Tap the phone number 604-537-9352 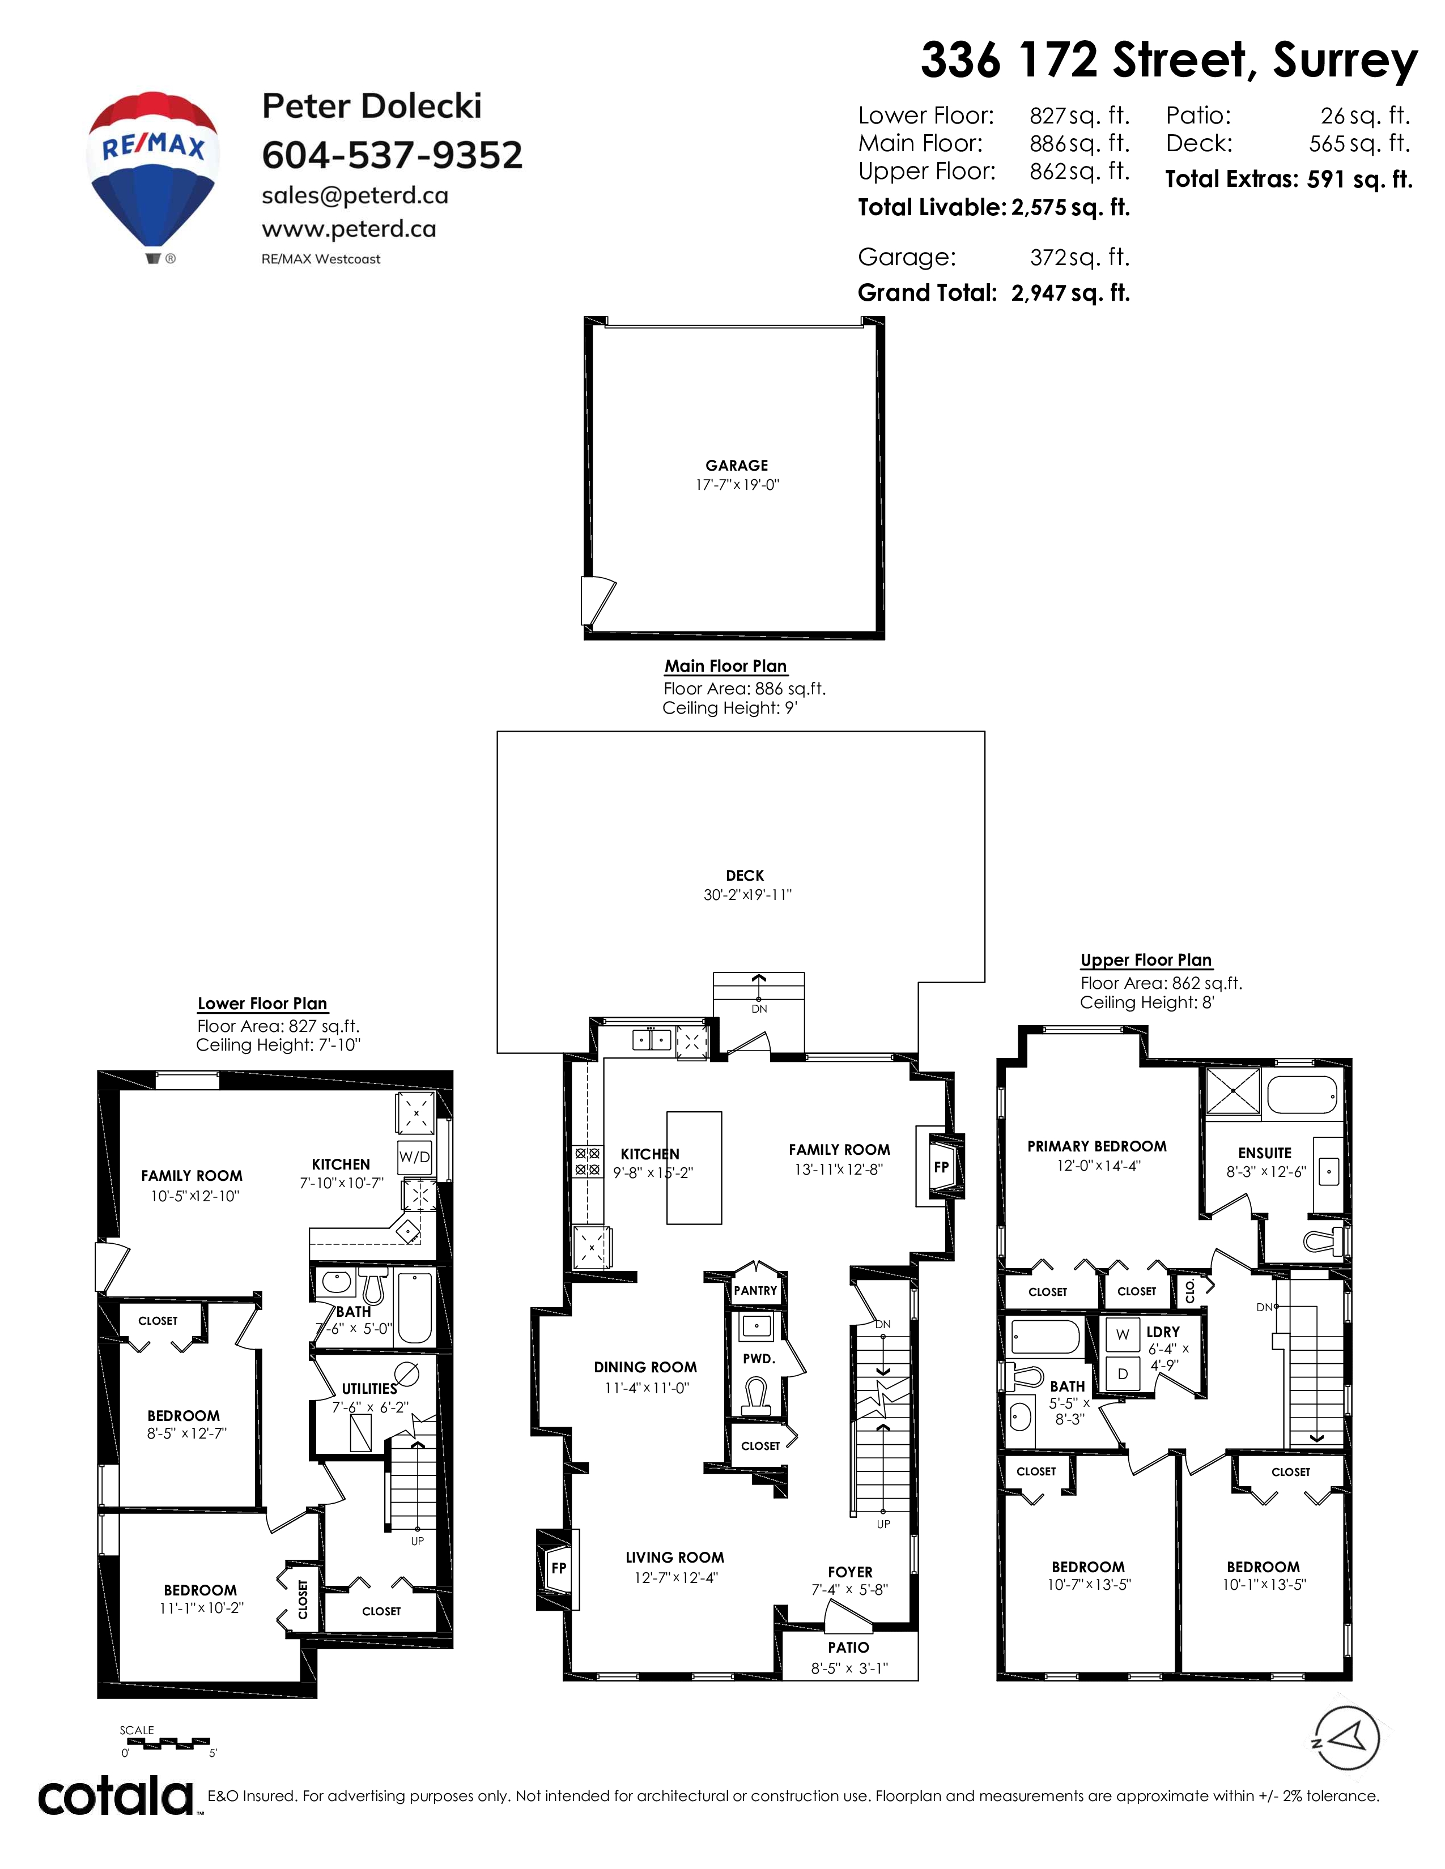(392, 155)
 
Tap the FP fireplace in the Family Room (941, 1166)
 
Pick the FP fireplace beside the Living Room (558, 1568)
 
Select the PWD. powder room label (758, 1359)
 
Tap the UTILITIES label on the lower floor (370, 1389)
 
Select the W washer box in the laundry (1122, 1334)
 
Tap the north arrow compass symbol (1346, 1739)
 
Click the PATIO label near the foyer (848, 1648)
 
